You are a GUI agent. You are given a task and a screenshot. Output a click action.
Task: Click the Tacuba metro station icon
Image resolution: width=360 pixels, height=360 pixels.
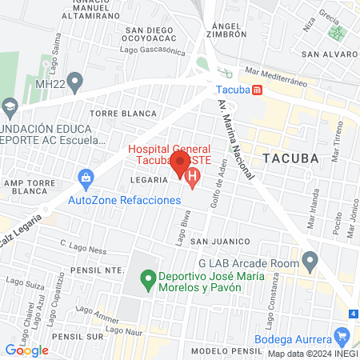tap(256, 90)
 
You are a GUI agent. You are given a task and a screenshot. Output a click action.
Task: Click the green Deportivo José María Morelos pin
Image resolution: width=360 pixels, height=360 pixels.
tap(147, 280)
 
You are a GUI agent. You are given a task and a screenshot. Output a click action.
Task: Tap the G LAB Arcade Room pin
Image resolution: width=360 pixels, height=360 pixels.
tap(311, 258)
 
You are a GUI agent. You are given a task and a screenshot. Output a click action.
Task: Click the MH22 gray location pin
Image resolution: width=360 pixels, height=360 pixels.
tap(76, 81)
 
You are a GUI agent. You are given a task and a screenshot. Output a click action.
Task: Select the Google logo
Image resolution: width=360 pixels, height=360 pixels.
tap(26, 350)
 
